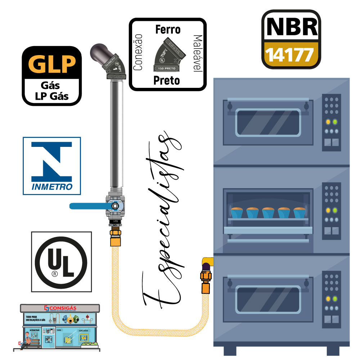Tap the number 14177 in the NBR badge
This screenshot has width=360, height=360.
coord(291,55)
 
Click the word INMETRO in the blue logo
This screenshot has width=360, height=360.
coord(52,187)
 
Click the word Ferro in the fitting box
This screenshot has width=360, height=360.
coord(168,30)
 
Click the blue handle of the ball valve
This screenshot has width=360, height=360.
coord(88,206)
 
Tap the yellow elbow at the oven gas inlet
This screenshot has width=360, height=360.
coord(207,261)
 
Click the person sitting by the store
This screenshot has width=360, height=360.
coord(27,340)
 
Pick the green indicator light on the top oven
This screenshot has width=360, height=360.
coord(335,122)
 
